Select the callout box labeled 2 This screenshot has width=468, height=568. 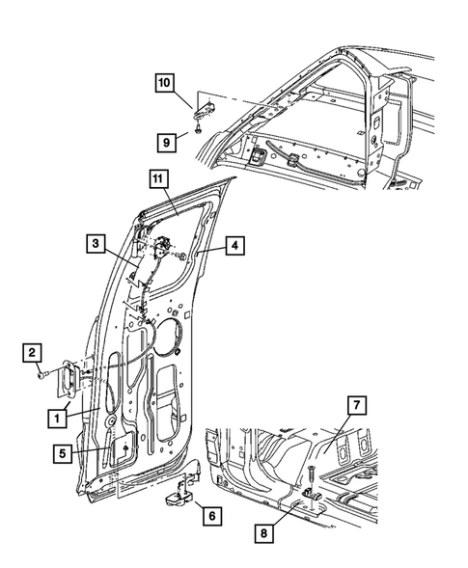[x=31, y=352]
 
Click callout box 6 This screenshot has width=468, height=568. [x=210, y=516]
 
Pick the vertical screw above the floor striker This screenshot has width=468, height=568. [x=313, y=474]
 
